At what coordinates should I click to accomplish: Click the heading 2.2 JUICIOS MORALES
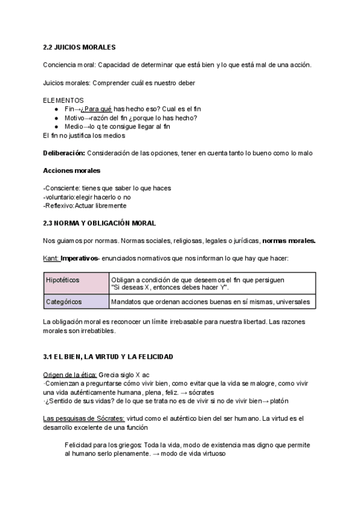click(x=79, y=47)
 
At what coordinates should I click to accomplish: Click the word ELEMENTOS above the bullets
click(x=64, y=100)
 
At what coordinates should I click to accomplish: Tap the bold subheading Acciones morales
click(x=72, y=170)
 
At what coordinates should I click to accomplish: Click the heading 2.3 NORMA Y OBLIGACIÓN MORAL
click(x=99, y=223)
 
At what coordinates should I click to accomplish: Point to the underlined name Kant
click(x=50, y=259)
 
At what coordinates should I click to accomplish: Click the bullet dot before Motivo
click(x=56, y=118)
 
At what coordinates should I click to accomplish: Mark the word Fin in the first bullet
click(x=69, y=110)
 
